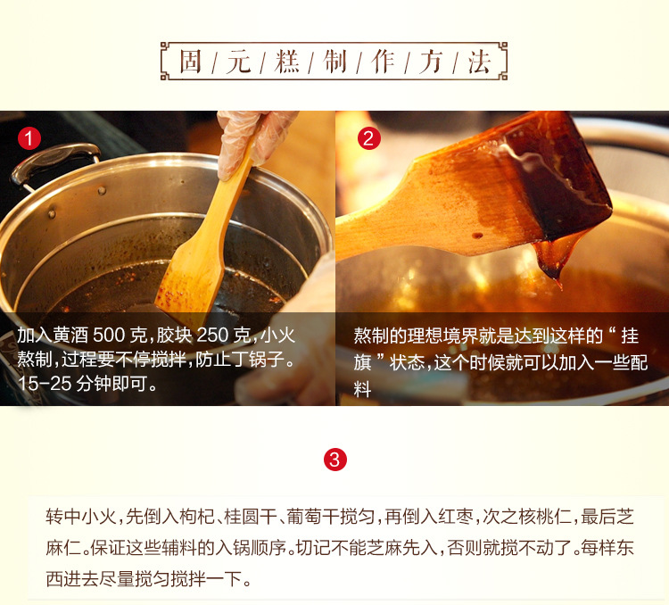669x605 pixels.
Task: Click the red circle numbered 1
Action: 29,139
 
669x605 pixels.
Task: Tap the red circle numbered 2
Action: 369,138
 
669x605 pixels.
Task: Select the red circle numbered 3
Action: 334,460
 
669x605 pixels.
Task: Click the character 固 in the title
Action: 190,62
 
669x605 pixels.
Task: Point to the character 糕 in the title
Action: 286,62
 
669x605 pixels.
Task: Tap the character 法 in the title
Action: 479,62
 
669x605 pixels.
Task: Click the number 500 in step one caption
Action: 109,336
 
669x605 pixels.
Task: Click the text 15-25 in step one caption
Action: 44,384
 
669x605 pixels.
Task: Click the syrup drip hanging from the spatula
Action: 550,261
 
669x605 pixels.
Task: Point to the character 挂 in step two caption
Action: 630,336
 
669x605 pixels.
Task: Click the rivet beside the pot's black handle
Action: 102,190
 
